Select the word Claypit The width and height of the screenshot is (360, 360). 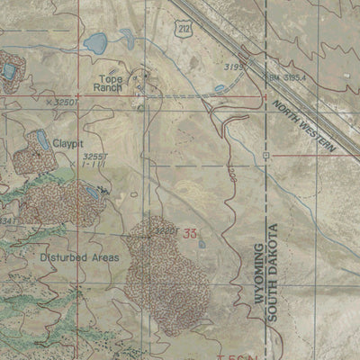click(67, 142)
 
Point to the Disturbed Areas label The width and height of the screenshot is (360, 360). click(79, 256)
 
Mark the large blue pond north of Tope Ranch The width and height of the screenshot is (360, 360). click(94, 42)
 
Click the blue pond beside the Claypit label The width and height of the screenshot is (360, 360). click(40, 139)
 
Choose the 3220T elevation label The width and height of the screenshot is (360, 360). click(164, 230)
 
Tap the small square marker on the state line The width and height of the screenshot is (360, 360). click(266, 155)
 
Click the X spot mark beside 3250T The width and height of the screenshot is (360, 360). click(48, 103)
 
